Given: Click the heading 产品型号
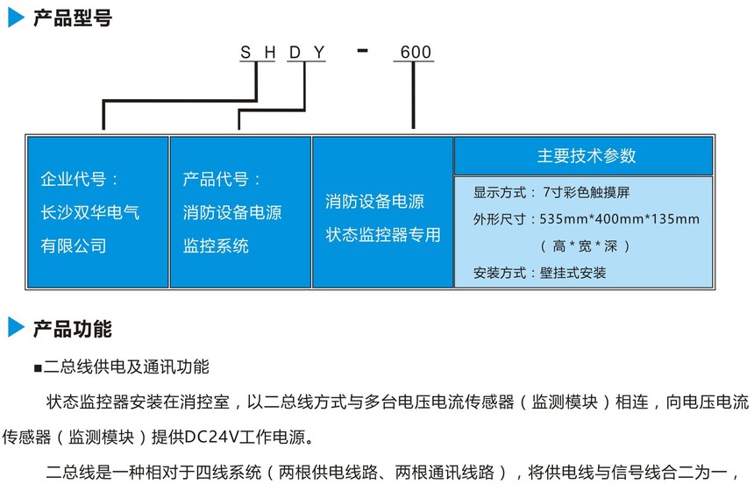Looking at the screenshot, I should pos(72,18).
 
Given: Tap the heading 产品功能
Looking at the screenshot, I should pos(72,330).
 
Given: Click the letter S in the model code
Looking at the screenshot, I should pos(245,53).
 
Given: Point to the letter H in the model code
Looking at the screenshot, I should pos(270,53).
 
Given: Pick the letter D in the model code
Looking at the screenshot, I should pos(295,53).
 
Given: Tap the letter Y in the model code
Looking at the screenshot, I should pos(320,53).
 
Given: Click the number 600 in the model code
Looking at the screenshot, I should pos(416,53).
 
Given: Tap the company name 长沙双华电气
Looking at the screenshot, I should pos(89,212).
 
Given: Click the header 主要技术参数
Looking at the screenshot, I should pos(587,156).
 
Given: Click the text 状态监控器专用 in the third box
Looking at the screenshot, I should pos(383,235).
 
